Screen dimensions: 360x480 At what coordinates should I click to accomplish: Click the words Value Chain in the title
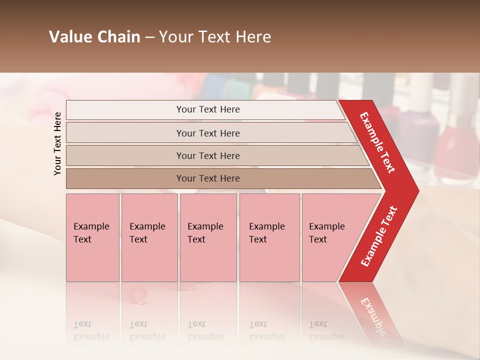pos(94,37)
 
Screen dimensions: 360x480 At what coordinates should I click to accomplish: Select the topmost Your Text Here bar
pos(208,109)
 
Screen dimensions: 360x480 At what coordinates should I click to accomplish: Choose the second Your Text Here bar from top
pos(208,133)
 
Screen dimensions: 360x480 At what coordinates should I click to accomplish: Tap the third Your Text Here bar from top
pos(208,155)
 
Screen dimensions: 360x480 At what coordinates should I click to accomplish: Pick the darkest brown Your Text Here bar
pos(208,178)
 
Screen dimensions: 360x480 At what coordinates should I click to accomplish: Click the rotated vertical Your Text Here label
pos(57,143)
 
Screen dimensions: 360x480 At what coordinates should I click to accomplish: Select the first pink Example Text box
pos(92,237)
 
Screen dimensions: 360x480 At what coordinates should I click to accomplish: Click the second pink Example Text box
pos(149,237)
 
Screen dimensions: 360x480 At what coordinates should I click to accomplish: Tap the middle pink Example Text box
pos(208,237)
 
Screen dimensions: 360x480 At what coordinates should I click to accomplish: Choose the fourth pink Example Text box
pos(269,237)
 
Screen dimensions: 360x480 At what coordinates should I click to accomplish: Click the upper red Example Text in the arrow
pos(377,142)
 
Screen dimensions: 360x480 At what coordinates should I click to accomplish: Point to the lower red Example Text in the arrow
pos(379,236)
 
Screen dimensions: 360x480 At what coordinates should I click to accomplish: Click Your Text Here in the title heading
pos(215,37)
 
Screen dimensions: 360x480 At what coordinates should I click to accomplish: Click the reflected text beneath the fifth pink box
pos(327,330)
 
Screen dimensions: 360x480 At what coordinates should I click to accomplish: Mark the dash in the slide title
pos(149,37)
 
